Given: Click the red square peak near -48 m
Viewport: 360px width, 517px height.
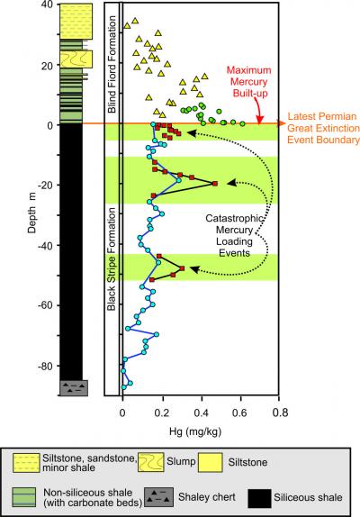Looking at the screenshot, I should point(182,268).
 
